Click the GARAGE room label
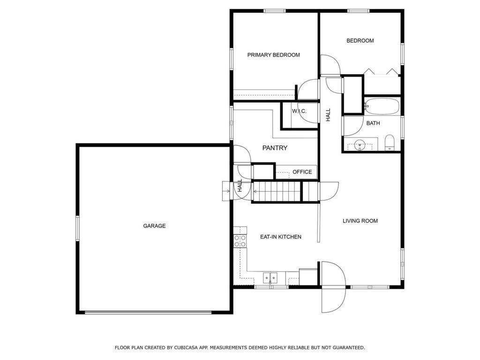[x=154, y=226]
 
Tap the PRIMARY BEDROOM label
[x=273, y=55]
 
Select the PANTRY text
[x=275, y=148]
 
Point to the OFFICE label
[x=302, y=172]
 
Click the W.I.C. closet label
[x=299, y=111]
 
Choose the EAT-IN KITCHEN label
[x=280, y=237]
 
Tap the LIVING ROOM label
[x=360, y=221]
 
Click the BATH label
[x=373, y=123]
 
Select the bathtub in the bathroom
[x=382, y=106]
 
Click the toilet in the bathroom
[x=390, y=142]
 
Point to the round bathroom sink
[x=360, y=144]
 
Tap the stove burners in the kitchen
[x=240, y=241]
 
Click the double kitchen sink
[x=270, y=278]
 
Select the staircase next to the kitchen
[x=277, y=192]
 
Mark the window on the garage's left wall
[x=78, y=228]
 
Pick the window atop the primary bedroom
[x=275, y=11]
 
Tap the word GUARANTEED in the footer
[x=347, y=348]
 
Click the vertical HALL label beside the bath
[x=328, y=115]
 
